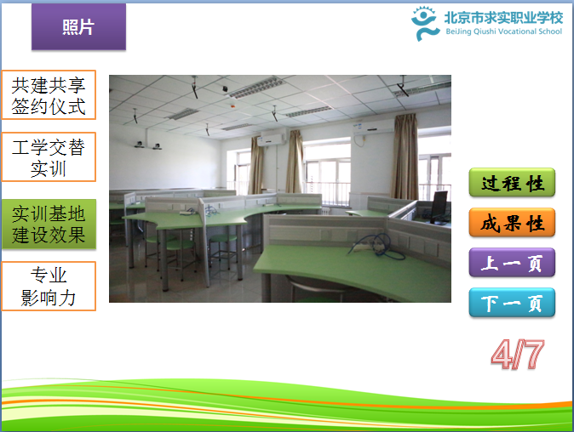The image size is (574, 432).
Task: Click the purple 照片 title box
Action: pos(78,26)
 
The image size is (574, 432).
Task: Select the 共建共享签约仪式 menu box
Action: pos(49,95)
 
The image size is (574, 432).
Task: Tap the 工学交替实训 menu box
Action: pos(49,156)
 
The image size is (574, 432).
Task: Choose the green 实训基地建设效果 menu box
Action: pos(49,224)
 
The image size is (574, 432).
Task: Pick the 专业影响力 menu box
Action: pos(49,287)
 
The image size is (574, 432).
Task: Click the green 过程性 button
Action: pos(512,182)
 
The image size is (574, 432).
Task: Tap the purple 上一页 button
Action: pos(512,263)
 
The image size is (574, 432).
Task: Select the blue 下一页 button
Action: pos(512,302)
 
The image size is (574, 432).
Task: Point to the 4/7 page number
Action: pos(518,354)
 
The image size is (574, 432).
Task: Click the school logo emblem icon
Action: pos(425,24)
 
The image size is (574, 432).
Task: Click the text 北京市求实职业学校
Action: pos(503,18)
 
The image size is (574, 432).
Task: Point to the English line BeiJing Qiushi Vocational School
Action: pos(503,31)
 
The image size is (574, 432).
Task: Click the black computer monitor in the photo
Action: pos(439,207)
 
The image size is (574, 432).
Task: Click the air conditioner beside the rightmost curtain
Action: pos(373,127)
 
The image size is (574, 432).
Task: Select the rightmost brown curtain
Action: pos(405,156)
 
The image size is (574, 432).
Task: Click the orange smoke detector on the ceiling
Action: pos(232,106)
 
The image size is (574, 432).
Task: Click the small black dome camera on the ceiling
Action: pos(225,88)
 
